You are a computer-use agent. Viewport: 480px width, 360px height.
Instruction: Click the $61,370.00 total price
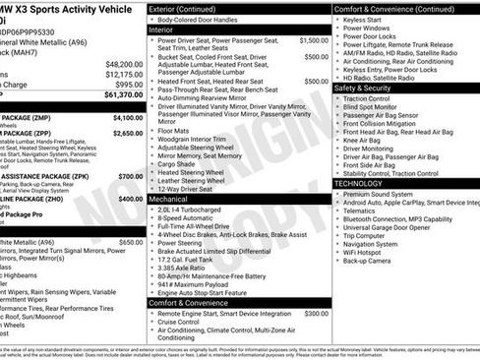coord(119,95)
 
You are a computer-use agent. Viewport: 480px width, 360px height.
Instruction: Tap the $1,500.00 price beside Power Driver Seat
coord(314,41)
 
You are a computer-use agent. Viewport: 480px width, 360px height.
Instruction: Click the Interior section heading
coord(161,30)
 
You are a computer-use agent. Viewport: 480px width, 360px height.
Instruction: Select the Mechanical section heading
coord(168,198)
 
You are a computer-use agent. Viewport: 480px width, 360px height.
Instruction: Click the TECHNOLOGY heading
coord(358,183)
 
